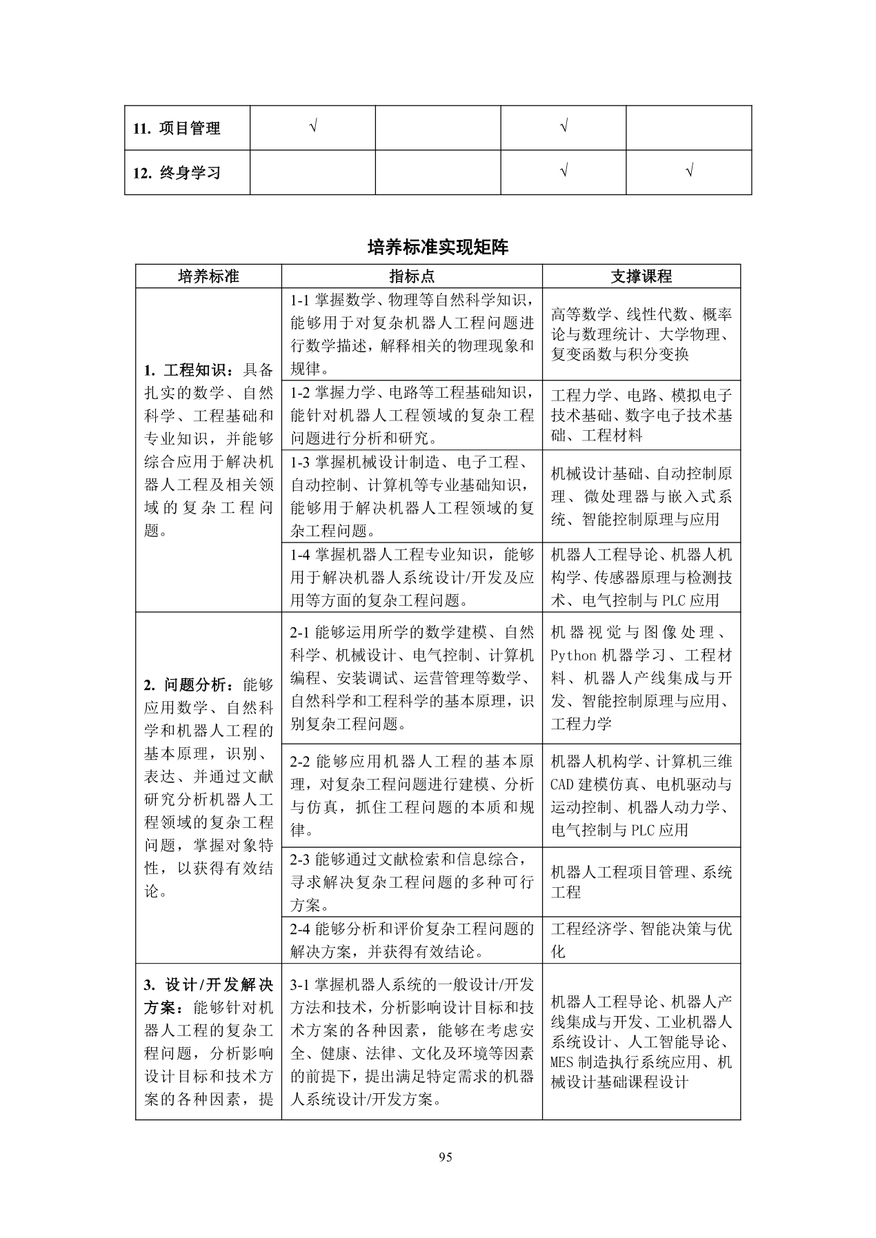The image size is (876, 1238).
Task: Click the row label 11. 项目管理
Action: point(177,128)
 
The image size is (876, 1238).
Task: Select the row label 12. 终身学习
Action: point(177,172)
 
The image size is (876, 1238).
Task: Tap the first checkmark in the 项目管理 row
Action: point(313,127)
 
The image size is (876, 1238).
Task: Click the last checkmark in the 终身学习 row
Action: point(689,171)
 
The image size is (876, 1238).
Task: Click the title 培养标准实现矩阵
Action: point(438,247)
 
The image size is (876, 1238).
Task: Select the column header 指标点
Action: point(412,276)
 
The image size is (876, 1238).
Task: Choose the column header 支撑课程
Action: point(641,276)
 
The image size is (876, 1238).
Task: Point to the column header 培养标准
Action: point(208,276)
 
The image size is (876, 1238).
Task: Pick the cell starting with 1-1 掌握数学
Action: point(412,334)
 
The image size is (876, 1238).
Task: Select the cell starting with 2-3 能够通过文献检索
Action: point(412,882)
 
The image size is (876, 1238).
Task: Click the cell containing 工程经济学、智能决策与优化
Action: point(641,940)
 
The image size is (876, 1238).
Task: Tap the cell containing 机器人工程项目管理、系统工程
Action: point(641,882)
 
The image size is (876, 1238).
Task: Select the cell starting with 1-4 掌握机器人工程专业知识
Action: point(412,577)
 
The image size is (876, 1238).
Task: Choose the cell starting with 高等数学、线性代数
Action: point(641,334)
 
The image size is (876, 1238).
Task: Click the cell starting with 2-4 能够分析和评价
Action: point(412,940)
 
